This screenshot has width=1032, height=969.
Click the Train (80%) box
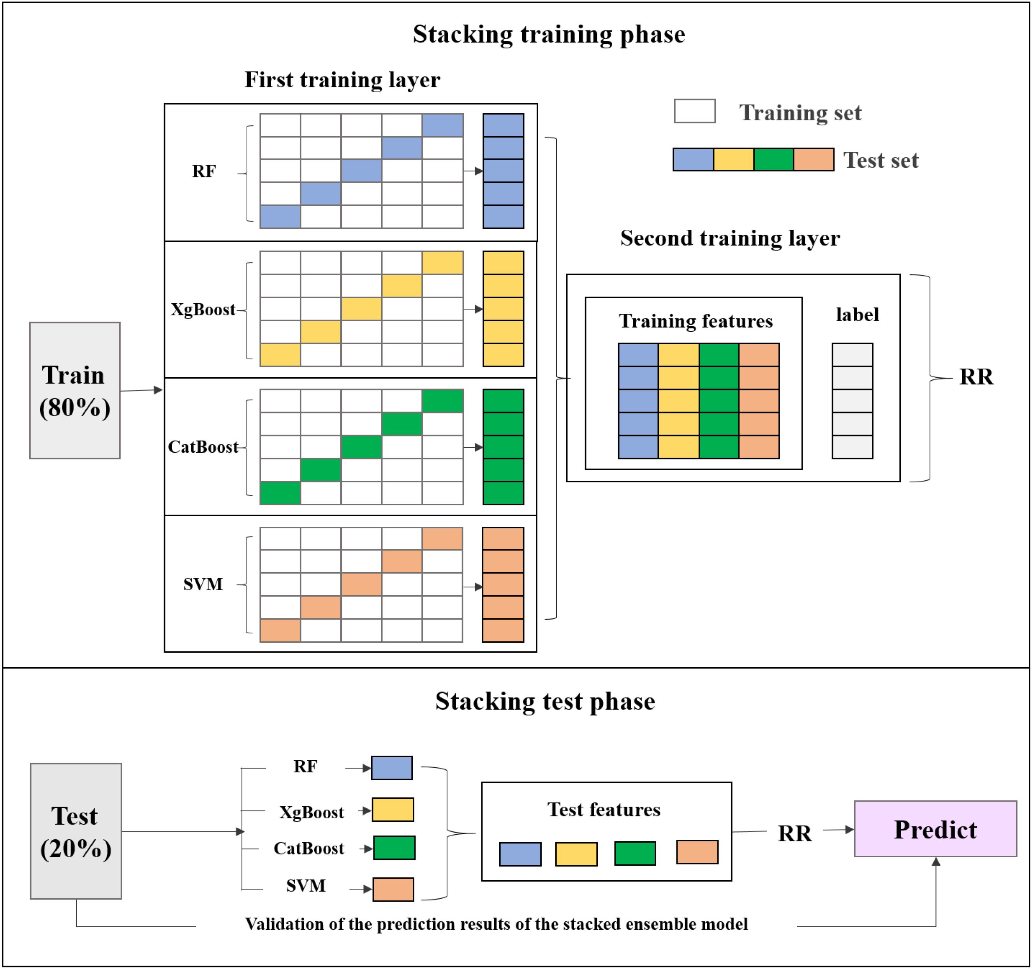[x=75, y=390]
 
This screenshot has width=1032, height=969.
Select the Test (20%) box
[x=76, y=831]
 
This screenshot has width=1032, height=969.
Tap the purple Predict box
[x=935, y=829]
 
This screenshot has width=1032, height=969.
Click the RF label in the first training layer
[x=204, y=171]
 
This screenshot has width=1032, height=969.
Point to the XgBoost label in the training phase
[x=203, y=310]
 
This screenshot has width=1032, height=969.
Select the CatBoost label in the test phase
[x=308, y=849]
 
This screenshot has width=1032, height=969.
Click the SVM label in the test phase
[x=306, y=885]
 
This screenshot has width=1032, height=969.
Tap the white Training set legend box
[x=695, y=111]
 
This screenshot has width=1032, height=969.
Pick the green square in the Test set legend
[x=773, y=159]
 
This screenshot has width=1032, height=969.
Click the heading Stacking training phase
[x=549, y=35]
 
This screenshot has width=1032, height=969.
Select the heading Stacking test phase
[x=545, y=701]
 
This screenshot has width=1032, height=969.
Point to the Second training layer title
[x=729, y=238]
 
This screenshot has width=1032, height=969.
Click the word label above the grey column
[x=857, y=315]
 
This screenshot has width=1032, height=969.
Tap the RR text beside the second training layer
[x=976, y=377]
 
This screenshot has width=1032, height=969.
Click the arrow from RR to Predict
[x=838, y=830]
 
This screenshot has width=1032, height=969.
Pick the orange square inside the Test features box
[x=697, y=852]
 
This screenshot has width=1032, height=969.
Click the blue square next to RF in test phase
[x=392, y=768]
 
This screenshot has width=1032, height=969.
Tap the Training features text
[x=696, y=321]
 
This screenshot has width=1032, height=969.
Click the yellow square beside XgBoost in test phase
[x=393, y=810]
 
